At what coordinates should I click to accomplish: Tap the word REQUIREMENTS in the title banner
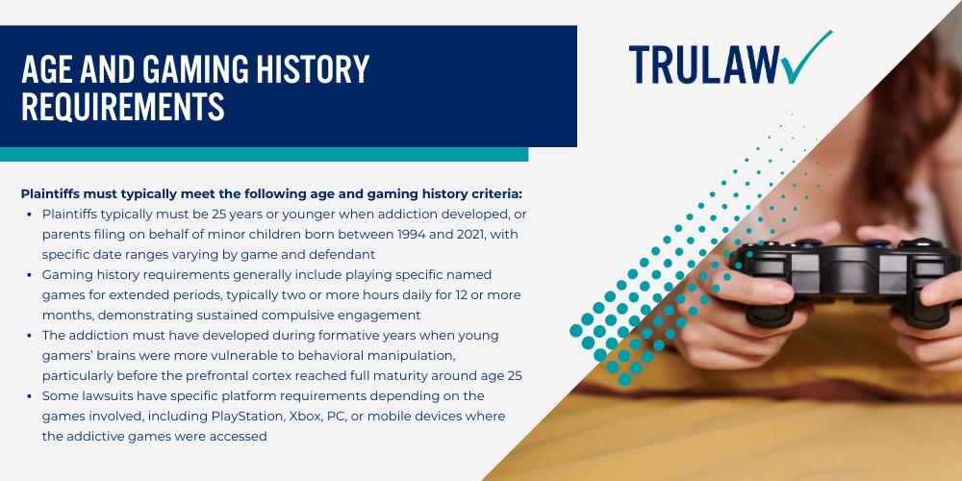click(x=123, y=106)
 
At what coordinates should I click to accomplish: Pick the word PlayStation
click(x=244, y=416)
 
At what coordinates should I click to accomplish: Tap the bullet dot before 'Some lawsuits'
click(x=30, y=396)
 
